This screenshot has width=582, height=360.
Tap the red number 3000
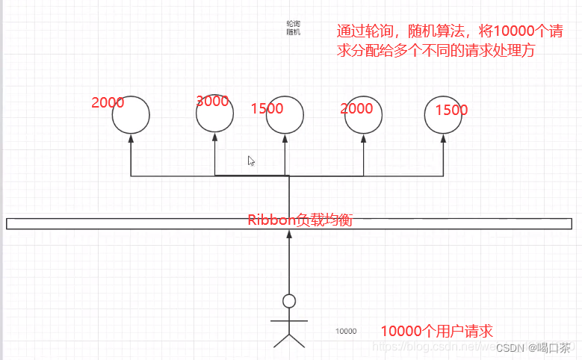pyautogui.click(x=212, y=102)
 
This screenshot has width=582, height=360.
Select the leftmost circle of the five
pyautogui.click(x=131, y=114)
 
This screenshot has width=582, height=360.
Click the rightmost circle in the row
pyautogui.click(x=444, y=114)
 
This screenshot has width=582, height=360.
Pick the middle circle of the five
pyautogui.click(x=285, y=114)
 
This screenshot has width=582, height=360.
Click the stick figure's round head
pyautogui.click(x=289, y=301)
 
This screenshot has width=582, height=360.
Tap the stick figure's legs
pyautogui.click(x=289, y=340)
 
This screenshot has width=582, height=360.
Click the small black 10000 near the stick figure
pyautogui.click(x=346, y=331)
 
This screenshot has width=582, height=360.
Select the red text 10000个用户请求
pyautogui.click(x=437, y=331)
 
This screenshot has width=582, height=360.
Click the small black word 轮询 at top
pyautogui.click(x=293, y=25)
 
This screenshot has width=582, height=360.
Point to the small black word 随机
pyautogui.click(x=293, y=33)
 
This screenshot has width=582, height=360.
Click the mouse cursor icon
pyautogui.click(x=252, y=161)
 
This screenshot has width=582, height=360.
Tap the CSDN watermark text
pyautogui.click(x=533, y=348)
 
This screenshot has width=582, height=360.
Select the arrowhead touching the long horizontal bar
pyautogui.click(x=289, y=234)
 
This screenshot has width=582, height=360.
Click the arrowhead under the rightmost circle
pyautogui.click(x=444, y=138)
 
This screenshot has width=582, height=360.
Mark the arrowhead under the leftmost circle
pyautogui.click(x=131, y=138)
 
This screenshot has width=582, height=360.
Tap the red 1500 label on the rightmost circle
pyautogui.click(x=451, y=110)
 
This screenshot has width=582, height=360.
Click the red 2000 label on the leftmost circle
pyautogui.click(x=108, y=103)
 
